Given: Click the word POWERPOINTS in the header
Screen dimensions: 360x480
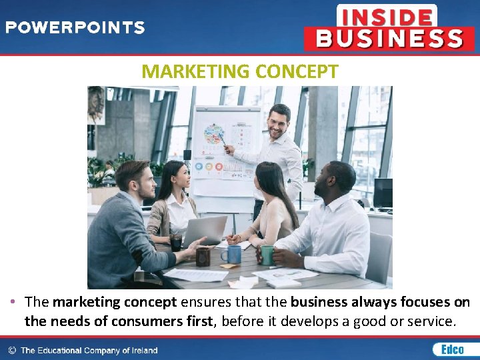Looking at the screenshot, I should coord(75,28).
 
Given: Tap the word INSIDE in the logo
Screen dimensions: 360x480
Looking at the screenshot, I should coord(387,16).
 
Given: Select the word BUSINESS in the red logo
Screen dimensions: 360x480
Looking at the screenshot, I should coord(389,38).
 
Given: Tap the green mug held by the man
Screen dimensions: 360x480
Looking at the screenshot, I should coord(267,254).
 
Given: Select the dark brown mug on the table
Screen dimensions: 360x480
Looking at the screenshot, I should coord(203,257).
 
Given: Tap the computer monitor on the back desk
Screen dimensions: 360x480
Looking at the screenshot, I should coord(383,193).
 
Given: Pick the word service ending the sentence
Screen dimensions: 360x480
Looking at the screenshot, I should coord(433,321).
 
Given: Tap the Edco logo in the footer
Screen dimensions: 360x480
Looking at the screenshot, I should coord(448,349).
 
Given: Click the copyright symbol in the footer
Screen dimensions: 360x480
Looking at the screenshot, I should coord(12,350).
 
